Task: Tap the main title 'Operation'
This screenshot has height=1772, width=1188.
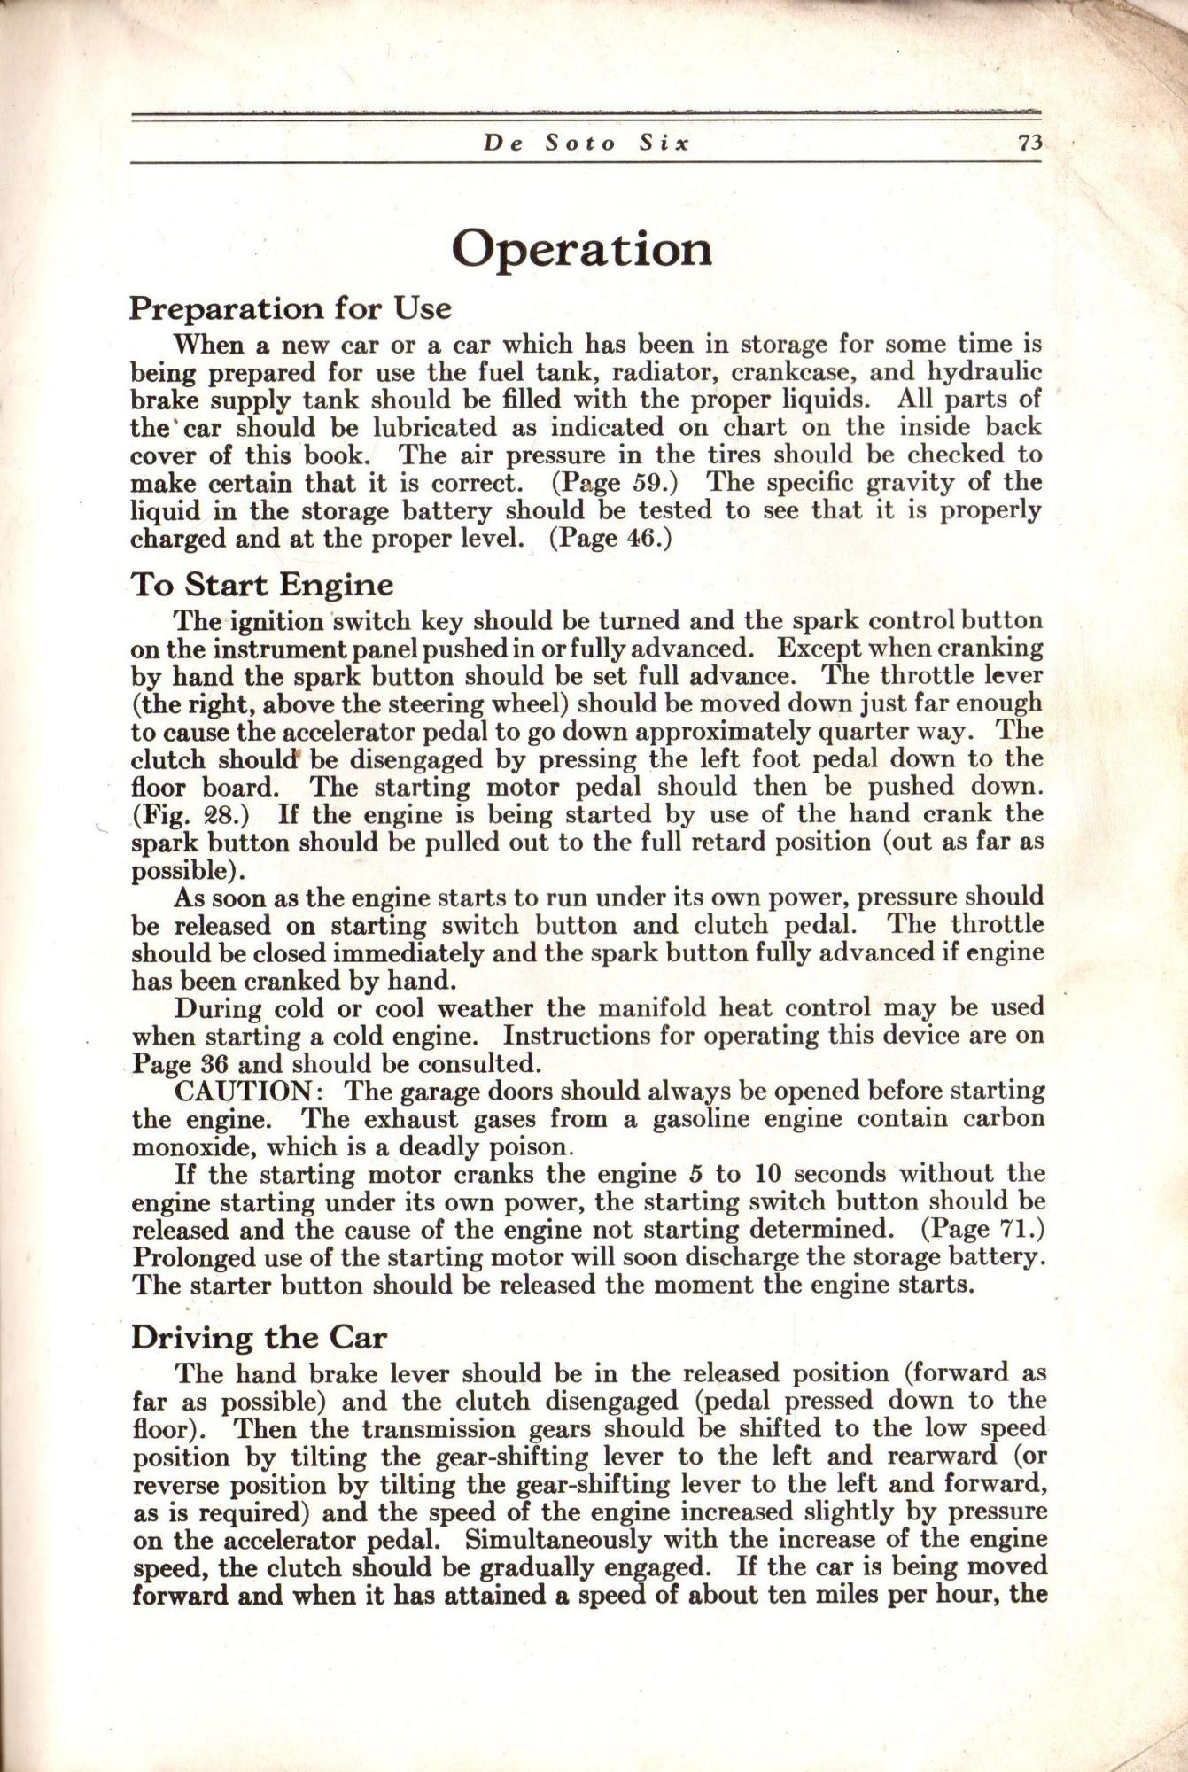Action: click(x=581, y=249)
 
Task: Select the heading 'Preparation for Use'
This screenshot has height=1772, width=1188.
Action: click(x=291, y=308)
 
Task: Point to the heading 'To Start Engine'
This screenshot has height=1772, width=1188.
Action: click(x=261, y=585)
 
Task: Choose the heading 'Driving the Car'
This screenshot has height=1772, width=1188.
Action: click(x=259, y=1337)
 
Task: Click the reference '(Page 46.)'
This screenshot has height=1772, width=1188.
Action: click(x=610, y=539)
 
